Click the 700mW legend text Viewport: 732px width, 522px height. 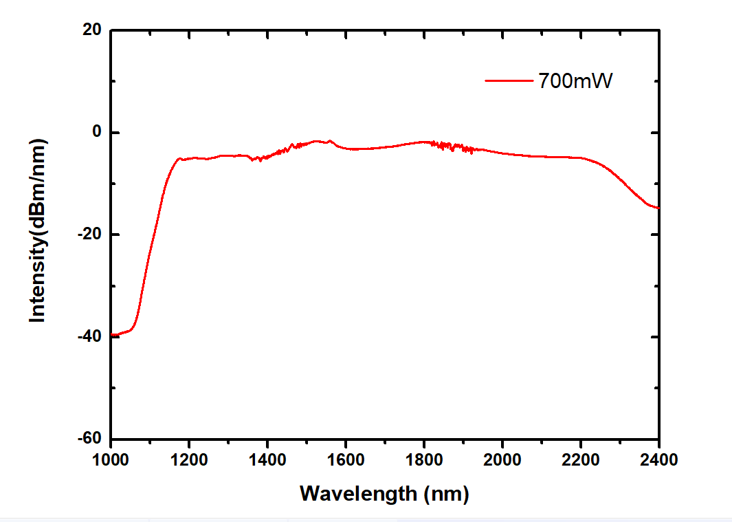pos(574,80)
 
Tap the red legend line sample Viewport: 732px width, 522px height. pos(509,80)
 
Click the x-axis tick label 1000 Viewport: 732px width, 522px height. pos(111,459)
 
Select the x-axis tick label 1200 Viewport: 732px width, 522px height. pos(189,459)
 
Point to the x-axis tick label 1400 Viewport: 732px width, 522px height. pos(267,459)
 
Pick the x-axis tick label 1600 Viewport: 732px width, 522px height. pos(346,459)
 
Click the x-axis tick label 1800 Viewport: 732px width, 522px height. pos(424,459)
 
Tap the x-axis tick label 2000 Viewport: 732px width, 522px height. pos(502,459)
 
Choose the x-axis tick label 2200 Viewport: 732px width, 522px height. pos(581,459)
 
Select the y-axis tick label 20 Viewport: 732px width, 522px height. pos(93,30)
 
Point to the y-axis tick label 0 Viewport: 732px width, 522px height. pos(97,132)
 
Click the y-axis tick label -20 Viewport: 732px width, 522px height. pos(89,235)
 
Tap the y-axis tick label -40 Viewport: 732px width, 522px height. pos(89,336)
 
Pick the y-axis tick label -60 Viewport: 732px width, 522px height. pos(89,438)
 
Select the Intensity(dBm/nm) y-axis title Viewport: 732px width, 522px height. pos(37,230)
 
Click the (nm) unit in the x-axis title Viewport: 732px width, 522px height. pos(445,494)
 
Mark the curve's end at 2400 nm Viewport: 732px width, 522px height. pos(658,208)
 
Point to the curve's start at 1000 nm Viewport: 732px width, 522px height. pos(111,335)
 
